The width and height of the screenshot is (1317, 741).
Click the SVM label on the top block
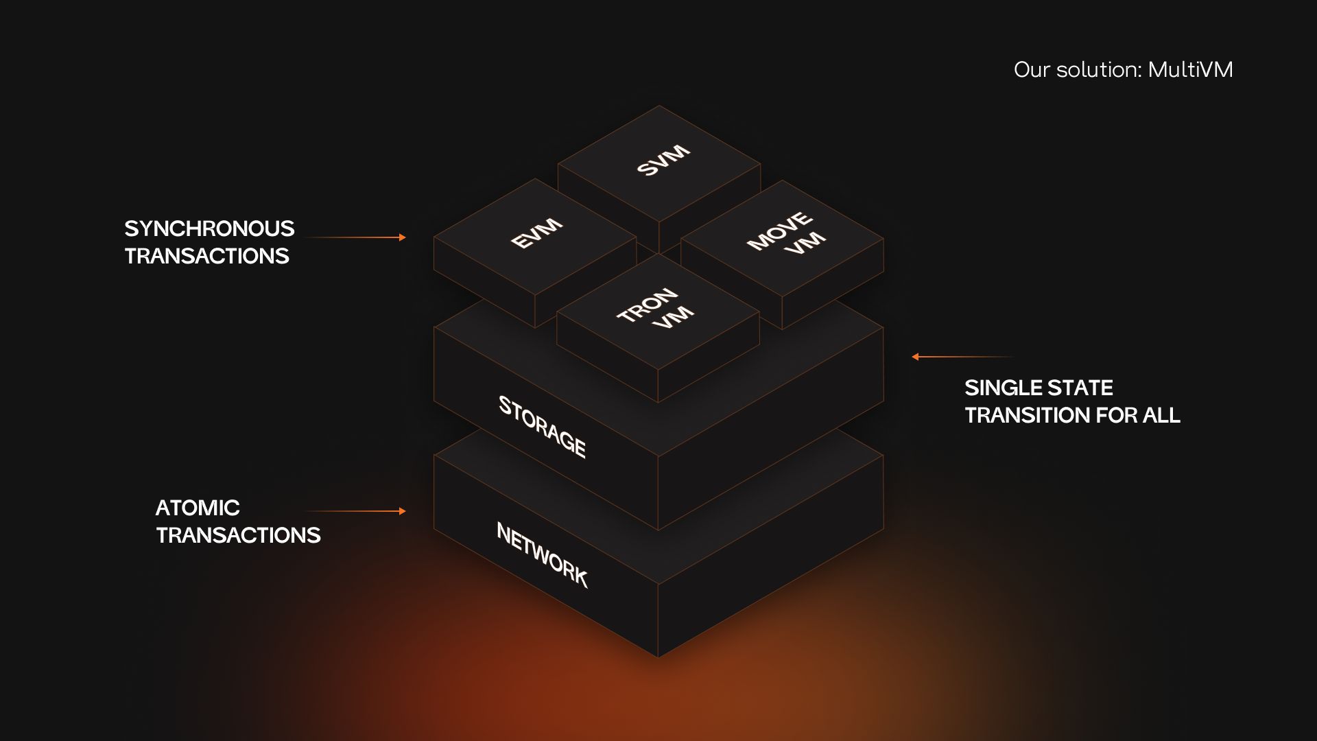point(663,160)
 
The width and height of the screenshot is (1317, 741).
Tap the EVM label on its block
point(536,233)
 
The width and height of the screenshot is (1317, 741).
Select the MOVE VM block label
point(786,233)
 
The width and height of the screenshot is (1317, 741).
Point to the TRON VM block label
point(655,309)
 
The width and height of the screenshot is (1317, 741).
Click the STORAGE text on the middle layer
point(542,426)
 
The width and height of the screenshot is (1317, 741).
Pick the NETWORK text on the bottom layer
point(542,554)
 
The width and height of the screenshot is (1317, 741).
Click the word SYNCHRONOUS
point(209,228)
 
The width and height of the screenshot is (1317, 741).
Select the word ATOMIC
point(198,508)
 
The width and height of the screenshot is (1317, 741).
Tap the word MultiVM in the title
point(1190,69)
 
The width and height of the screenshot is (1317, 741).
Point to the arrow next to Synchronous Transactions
point(355,237)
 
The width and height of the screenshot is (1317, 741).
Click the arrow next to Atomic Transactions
point(355,511)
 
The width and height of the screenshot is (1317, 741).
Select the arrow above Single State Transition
point(962,357)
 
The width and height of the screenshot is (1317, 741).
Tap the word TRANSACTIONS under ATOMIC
point(238,535)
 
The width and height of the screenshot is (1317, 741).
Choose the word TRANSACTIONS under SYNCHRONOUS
point(206,256)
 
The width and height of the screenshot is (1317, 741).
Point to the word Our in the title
point(1032,69)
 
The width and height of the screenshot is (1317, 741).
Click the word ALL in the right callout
point(1161,415)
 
